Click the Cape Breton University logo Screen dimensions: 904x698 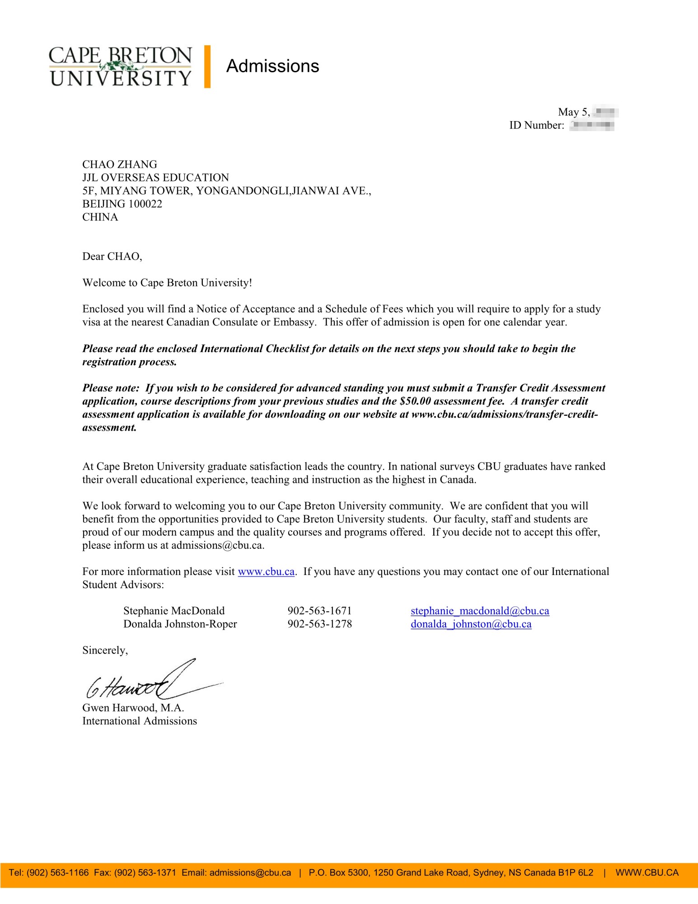pos(120,66)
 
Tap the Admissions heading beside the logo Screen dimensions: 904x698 pos(272,66)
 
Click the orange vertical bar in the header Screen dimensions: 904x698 pos(207,66)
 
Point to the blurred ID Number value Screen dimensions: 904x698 pos(591,125)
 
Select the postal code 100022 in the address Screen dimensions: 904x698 pos(145,204)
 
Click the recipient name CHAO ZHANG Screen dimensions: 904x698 pos(120,165)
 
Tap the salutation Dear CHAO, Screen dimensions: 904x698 pos(112,257)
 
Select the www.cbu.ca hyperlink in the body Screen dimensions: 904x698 pos(266,572)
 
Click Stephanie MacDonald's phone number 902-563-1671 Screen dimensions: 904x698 pos(319,611)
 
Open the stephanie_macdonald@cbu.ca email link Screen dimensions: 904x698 pos(480,611)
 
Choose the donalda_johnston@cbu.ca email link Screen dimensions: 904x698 pos(471,624)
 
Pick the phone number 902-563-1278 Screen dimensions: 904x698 pos(319,624)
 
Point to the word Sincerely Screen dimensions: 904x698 pos(105,650)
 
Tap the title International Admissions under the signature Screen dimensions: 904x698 pos(140,721)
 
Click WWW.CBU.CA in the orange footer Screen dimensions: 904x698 pos(646,873)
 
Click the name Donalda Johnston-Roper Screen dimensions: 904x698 pos(180,624)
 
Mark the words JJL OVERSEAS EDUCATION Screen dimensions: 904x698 pos(155,178)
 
